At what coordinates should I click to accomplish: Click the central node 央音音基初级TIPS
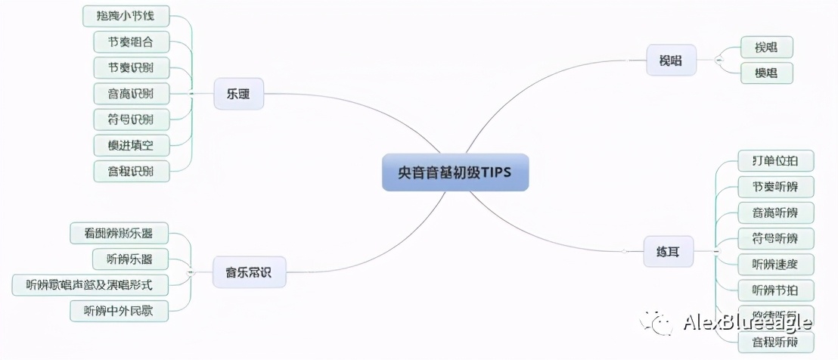(455, 172)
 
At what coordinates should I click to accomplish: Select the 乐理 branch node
(238, 95)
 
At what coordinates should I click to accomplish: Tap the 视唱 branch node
(671, 61)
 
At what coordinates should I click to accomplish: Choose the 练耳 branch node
(669, 251)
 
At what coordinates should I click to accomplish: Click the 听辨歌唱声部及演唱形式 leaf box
(90, 284)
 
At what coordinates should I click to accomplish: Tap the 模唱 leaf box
(766, 73)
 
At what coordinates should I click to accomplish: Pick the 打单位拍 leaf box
(776, 161)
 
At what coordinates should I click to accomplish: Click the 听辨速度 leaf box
(776, 264)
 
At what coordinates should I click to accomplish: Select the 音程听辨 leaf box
(776, 343)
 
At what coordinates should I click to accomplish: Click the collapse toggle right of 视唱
(719, 60)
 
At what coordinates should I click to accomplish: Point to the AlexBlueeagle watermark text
(746, 324)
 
